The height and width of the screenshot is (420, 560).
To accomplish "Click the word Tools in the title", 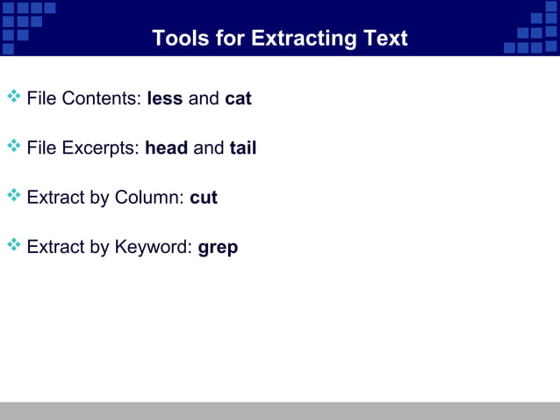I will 179,39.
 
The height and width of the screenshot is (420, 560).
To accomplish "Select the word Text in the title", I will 385,39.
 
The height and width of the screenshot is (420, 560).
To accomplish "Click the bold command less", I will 165,98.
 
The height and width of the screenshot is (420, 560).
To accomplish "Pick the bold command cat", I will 238,98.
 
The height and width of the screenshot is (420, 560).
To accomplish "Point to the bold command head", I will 167,148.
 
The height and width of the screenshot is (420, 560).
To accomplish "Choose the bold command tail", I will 243,148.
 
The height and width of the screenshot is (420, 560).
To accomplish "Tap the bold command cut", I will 204,198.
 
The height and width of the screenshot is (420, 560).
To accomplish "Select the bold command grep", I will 218,248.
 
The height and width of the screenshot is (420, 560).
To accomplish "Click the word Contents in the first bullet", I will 102,98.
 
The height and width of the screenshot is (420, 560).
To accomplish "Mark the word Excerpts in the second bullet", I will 102,148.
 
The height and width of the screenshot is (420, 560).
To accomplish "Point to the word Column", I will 149,198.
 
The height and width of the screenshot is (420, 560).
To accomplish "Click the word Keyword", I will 153,247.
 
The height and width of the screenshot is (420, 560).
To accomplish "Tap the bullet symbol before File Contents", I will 13,95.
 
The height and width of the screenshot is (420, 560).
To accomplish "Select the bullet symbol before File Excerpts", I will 13,145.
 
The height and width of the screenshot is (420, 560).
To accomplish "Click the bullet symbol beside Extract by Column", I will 13,194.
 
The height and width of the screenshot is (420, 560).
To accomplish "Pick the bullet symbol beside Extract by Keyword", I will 13,244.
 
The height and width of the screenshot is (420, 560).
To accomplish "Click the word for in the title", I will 232,39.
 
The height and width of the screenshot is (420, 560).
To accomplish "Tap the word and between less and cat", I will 204,98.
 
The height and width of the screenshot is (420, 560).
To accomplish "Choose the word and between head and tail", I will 209,148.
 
